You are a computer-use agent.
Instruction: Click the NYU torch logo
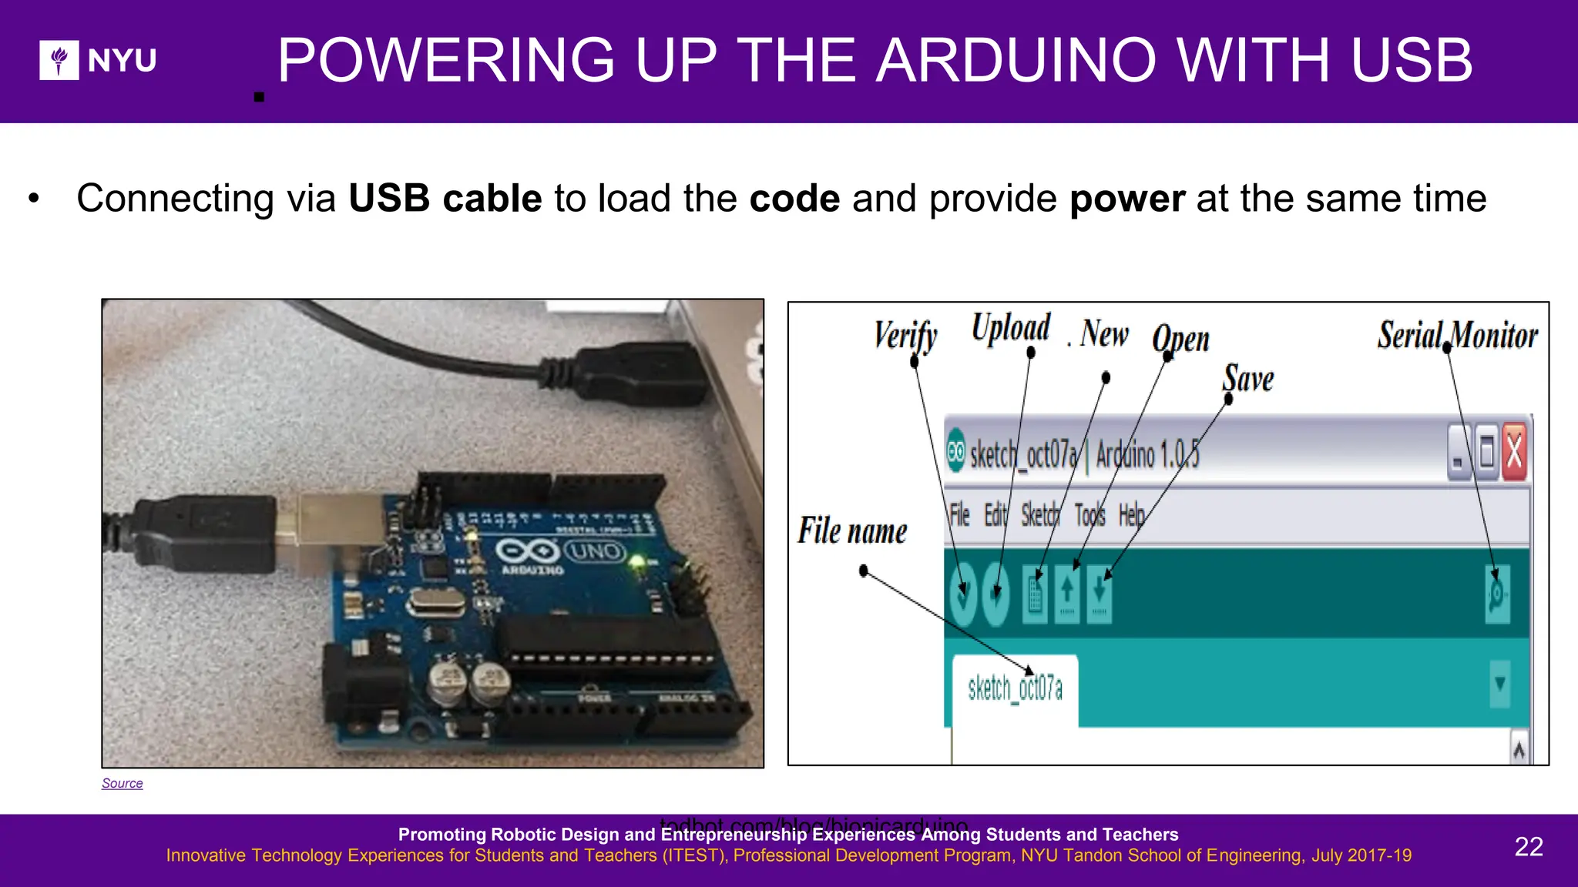(x=59, y=60)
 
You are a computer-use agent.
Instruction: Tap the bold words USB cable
(x=445, y=199)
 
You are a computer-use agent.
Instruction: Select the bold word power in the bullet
(x=1126, y=199)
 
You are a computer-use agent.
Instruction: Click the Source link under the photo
(x=123, y=783)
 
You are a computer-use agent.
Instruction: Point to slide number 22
(x=1528, y=846)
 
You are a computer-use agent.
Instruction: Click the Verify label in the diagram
(x=905, y=336)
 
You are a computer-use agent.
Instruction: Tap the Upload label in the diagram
(x=1010, y=327)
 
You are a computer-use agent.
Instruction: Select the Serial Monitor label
(x=1457, y=335)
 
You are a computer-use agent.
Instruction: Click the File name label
(x=851, y=531)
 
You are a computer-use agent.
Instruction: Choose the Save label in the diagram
(x=1248, y=378)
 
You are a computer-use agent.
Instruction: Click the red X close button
(x=1513, y=453)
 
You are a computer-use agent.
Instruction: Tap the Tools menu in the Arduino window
(x=1089, y=514)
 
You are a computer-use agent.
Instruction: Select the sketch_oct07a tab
(x=1015, y=688)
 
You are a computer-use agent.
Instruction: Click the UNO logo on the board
(x=595, y=551)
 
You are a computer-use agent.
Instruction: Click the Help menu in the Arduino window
(x=1131, y=514)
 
